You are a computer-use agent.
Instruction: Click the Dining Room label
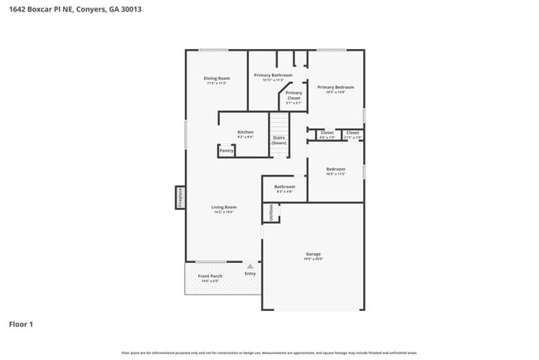coord(216,79)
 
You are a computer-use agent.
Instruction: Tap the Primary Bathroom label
coord(273,75)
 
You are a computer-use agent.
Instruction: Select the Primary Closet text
coord(294,95)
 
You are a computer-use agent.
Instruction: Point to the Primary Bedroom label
coord(335,86)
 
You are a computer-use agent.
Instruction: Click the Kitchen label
coord(245,132)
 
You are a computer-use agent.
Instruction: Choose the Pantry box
coord(226,151)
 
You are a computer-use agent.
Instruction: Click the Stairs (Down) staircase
coord(279,140)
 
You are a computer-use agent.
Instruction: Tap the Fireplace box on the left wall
coord(179,197)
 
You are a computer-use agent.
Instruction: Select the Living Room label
coord(224,207)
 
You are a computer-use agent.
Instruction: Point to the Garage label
coord(313,254)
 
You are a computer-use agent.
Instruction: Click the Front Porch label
coord(209,276)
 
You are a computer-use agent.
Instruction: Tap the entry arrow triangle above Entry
coord(250,265)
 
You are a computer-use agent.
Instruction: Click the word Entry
coord(250,273)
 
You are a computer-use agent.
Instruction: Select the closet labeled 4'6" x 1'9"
coord(327,133)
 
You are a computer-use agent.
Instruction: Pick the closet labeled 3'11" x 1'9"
coord(352,133)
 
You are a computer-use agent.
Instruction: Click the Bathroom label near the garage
coord(284,187)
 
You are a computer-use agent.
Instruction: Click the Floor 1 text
coord(21,324)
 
